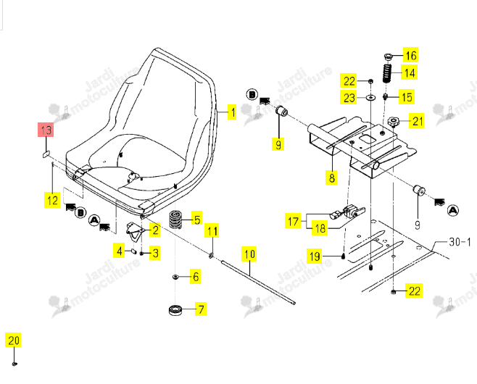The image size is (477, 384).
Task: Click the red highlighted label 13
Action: click(x=46, y=130)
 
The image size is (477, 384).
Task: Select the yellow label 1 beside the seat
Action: click(x=232, y=112)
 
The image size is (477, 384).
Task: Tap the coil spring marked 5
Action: click(x=175, y=220)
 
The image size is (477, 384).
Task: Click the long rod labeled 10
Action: click(x=258, y=282)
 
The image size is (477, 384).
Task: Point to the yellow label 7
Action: click(x=201, y=309)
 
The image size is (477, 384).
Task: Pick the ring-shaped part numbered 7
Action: click(x=176, y=310)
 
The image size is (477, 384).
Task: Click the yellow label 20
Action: click(x=13, y=341)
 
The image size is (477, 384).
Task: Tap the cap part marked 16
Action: click(x=388, y=57)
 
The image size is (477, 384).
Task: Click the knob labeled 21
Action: click(x=393, y=122)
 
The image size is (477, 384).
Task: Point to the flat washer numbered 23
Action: click(x=370, y=98)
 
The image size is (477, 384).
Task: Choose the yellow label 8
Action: click(x=331, y=178)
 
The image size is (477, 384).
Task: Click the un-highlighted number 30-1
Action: click(x=460, y=242)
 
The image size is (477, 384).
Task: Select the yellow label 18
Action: click(x=320, y=228)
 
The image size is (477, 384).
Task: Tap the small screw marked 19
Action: click(x=343, y=256)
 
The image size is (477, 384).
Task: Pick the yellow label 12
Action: click(x=52, y=200)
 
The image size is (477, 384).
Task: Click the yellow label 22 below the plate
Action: click(x=414, y=291)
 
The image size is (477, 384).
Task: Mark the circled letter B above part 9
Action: click(x=252, y=95)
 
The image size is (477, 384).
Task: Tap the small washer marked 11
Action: click(x=211, y=256)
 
